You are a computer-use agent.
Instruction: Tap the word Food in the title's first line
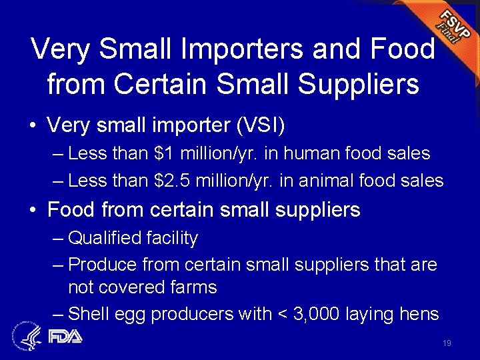[402, 50]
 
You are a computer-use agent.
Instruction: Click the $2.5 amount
[174, 180]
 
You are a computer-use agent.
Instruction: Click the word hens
[419, 314]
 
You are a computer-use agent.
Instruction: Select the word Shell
[89, 314]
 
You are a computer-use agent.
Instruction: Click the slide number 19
[447, 343]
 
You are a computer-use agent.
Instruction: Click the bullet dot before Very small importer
[33, 125]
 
